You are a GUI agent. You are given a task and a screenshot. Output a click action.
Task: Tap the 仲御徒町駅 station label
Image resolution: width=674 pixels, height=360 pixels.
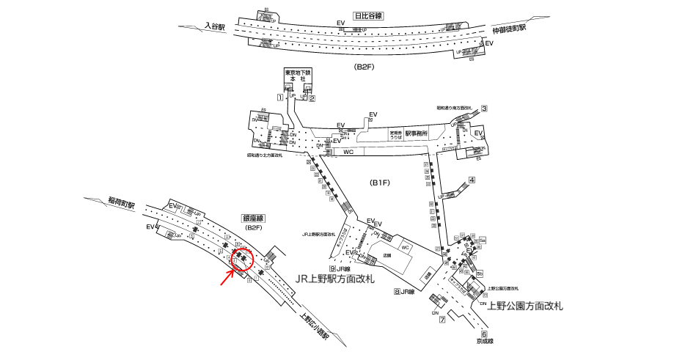click(x=511, y=31)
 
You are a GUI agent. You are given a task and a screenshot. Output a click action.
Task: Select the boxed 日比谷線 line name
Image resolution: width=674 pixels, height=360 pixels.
click(x=368, y=15)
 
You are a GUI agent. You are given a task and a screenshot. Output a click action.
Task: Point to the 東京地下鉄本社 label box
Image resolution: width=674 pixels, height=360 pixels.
click(x=298, y=77)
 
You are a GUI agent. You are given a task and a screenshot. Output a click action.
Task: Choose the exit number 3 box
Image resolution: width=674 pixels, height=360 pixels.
click(x=484, y=109)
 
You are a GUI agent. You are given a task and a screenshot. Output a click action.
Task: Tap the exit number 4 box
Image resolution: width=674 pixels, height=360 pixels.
click(x=472, y=180)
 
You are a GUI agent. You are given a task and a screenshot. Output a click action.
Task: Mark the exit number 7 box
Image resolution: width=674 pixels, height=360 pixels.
click(x=443, y=319)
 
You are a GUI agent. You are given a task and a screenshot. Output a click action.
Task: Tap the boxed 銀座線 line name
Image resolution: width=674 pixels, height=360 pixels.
click(x=253, y=218)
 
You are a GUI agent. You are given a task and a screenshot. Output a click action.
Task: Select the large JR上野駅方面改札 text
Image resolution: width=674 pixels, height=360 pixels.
click(x=334, y=280)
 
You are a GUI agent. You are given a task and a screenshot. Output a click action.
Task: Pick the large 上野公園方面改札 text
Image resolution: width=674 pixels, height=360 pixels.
click(x=526, y=306)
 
